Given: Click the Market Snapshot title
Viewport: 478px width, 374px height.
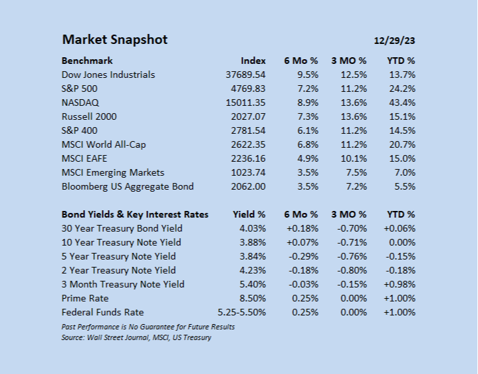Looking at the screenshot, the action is point(115,40).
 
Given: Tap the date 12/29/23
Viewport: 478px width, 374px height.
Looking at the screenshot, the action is point(394,41).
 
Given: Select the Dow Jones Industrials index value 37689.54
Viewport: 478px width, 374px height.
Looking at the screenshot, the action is point(245,75).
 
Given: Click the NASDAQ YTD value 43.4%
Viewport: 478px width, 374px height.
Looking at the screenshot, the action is point(402,102).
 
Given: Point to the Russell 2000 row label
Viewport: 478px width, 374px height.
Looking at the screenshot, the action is point(89,116).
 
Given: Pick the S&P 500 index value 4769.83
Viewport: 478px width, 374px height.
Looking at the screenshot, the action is point(248,89).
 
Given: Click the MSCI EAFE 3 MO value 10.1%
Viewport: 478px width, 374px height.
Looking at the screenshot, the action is point(354,158).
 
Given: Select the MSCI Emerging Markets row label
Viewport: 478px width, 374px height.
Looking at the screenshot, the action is point(113,172).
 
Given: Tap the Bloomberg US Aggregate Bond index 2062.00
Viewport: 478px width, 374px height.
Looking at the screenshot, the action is point(248,186).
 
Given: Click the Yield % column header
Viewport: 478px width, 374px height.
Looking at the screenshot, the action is point(249,214).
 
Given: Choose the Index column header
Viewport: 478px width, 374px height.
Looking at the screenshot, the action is point(253,61).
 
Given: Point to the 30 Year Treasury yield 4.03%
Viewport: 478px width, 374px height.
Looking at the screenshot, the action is point(253,228).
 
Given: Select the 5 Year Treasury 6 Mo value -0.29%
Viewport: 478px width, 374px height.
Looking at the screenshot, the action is point(303,256).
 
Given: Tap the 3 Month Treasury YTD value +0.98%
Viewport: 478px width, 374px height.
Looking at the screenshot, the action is point(400,284).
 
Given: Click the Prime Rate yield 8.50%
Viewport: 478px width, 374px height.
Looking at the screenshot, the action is point(253,298).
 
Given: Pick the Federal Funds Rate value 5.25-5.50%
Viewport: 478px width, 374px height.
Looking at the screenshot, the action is point(241,312).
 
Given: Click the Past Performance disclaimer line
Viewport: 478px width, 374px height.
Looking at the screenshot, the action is point(148,327).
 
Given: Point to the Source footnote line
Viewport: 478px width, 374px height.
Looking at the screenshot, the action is point(136,337).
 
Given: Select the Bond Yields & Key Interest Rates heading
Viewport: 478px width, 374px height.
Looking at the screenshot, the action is point(135,214).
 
